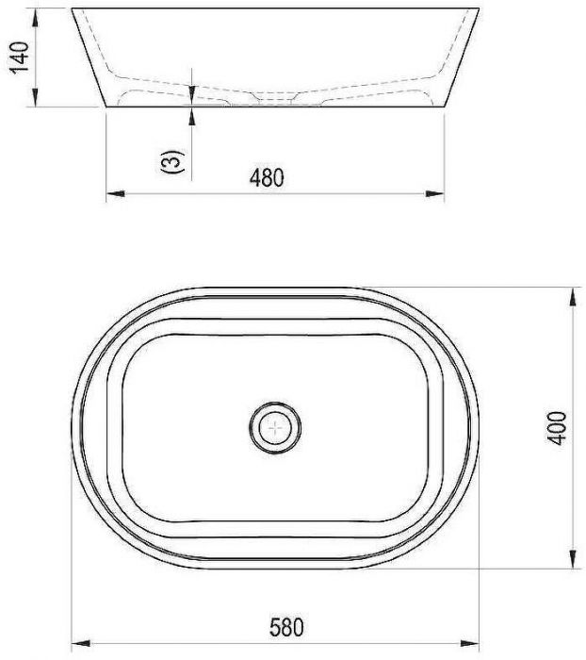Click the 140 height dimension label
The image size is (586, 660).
[20, 58]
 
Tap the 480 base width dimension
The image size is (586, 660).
[267, 177]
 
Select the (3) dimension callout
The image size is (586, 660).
[172, 161]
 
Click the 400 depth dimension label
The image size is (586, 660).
[558, 428]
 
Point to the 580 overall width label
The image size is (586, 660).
[286, 627]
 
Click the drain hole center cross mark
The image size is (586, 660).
[275, 428]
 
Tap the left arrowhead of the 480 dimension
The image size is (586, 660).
[116, 193]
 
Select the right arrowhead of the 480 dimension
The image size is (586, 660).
[434, 193]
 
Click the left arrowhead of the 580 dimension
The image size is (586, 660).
[81, 644]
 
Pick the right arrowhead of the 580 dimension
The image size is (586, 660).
[469, 644]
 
